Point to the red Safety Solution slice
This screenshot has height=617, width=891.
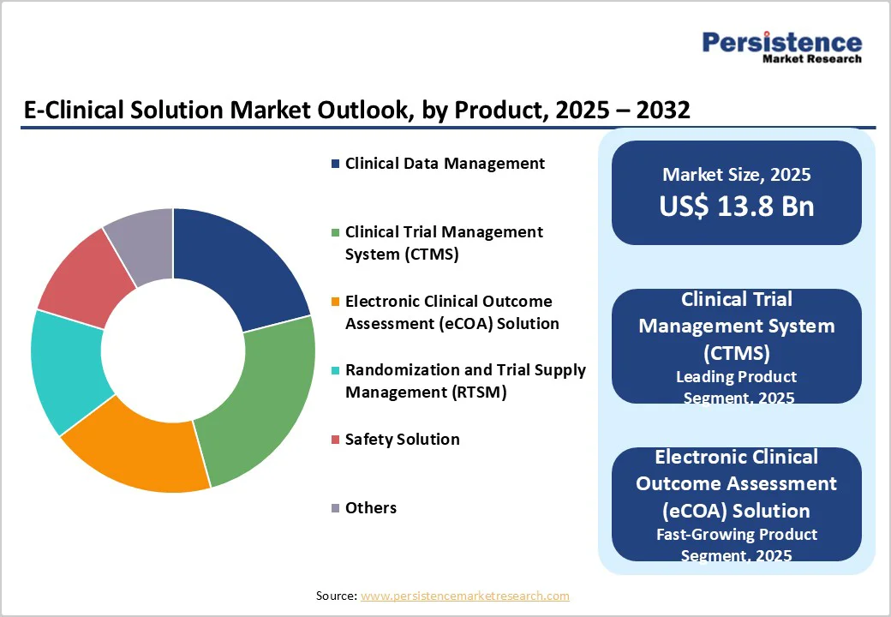click(x=81, y=279)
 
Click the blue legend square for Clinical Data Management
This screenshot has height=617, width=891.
click(x=336, y=164)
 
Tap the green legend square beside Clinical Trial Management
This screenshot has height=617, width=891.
click(x=336, y=232)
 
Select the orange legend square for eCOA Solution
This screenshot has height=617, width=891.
click(x=336, y=302)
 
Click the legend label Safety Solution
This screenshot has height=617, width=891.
click(x=402, y=440)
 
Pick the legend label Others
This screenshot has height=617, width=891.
click(x=370, y=508)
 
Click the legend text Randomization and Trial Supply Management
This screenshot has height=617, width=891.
click(x=464, y=381)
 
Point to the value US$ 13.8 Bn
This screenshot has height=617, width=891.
click(x=736, y=207)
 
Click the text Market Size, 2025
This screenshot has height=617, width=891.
click(x=736, y=175)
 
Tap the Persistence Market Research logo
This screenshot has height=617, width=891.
click(x=781, y=46)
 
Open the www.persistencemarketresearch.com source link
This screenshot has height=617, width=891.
click(x=464, y=596)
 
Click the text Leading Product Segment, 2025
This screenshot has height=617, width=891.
click(x=736, y=386)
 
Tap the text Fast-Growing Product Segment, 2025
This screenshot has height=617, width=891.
click(x=736, y=544)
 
